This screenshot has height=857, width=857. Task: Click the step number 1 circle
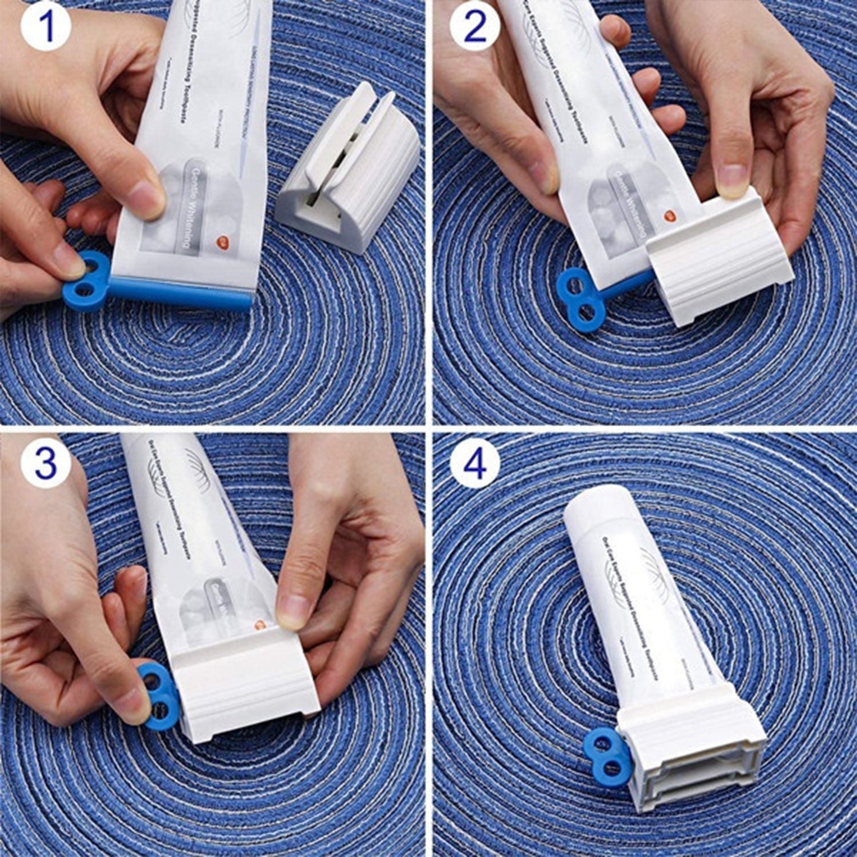(x=46, y=28)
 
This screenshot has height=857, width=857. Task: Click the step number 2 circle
(x=474, y=28)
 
